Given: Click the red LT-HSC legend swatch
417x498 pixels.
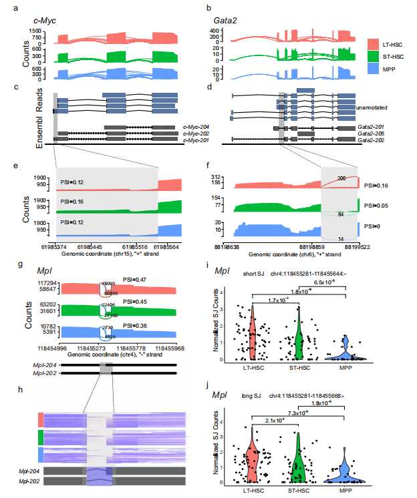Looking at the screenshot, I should pos(373,44).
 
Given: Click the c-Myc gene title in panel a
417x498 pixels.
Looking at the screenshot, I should pos(45,21).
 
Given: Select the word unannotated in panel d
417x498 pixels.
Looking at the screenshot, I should pos(374,107).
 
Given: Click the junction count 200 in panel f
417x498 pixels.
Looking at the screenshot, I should pos(341,178).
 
